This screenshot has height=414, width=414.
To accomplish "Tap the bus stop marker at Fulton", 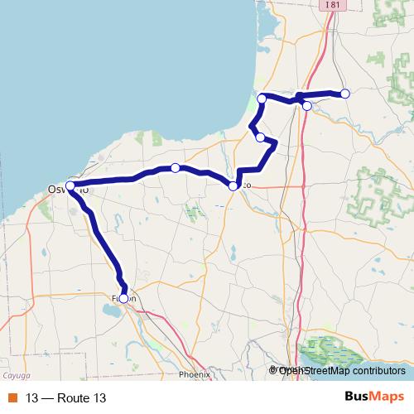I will [123, 298].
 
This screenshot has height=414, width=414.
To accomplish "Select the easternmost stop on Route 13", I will [345, 94].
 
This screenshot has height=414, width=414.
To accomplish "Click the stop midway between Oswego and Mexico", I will [176, 168].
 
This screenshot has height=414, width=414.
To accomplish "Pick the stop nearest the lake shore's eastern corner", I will [262, 99].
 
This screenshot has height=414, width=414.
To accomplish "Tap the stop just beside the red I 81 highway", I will [307, 105].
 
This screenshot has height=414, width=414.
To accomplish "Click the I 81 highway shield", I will [332, 5].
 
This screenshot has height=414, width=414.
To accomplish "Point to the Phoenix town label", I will [195, 374].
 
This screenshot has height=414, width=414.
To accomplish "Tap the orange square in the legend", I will [12, 398].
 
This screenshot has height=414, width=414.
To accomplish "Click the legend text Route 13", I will [80, 398].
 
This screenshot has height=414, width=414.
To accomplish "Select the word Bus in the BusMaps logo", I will [356, 397].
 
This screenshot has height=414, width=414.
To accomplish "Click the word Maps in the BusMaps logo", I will [388, 397].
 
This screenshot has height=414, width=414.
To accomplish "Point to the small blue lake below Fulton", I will [110, 312].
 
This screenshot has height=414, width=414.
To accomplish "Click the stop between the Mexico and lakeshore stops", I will [260, 137].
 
